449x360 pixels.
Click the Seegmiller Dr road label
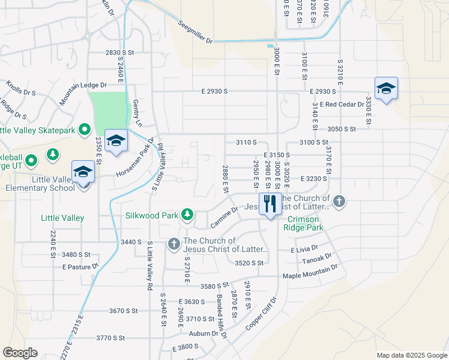coord(196,32)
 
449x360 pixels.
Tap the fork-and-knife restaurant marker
coord(270,204)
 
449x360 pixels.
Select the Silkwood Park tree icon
coord(188,214)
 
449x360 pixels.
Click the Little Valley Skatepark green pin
coord(85,129)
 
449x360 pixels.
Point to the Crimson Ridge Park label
coord(305,223)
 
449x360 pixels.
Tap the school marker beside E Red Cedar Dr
coord(385,89)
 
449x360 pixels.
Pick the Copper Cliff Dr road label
coord(262,313)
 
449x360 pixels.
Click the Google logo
coord(20,353)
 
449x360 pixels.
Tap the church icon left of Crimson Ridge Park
coord(339,200)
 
